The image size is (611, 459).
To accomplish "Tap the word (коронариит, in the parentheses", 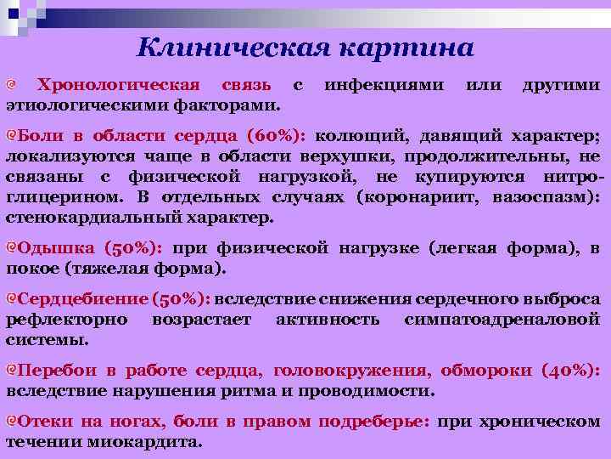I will (420, 197).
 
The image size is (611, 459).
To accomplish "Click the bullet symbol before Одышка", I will (12, 248).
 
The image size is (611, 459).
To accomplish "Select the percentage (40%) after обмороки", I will (570, 371).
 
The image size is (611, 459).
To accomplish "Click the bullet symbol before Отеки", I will (12, 422).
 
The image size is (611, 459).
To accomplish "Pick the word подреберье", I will (378, 422).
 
